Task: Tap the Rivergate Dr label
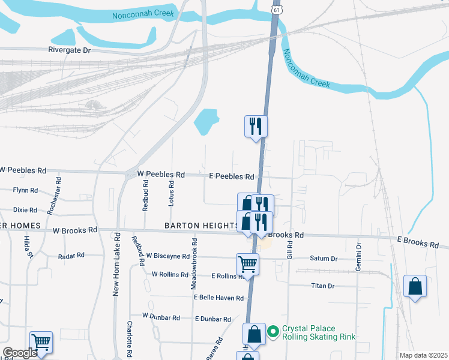tap(69, 50)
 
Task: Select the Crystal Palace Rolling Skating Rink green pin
tap(273, 330)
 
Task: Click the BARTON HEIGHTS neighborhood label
tap(202, 226)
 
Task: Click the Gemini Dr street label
tap(359, 257)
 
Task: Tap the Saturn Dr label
tap(324, 259)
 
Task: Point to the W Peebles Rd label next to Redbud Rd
tap(161, 175)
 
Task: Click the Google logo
tap(19, 353)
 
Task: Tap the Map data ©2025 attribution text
tap(423, 355)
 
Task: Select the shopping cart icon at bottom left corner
tap(41, 342)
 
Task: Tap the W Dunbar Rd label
tap(161, 316)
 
